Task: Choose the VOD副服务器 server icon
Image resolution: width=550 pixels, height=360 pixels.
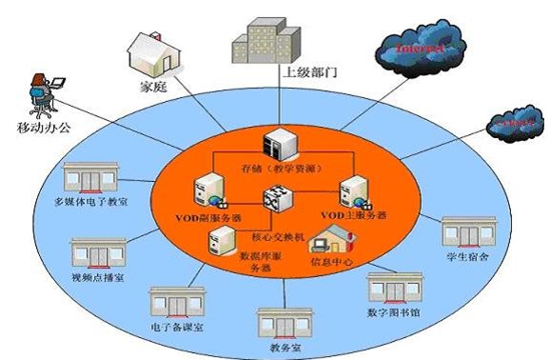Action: (x=208, y=190)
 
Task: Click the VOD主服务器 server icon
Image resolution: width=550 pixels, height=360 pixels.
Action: (x=355, y=191)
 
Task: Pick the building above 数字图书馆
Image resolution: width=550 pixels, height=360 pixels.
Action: (x=394, y=288)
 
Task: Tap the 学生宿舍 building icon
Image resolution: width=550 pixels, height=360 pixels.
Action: (x=466, y=234)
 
